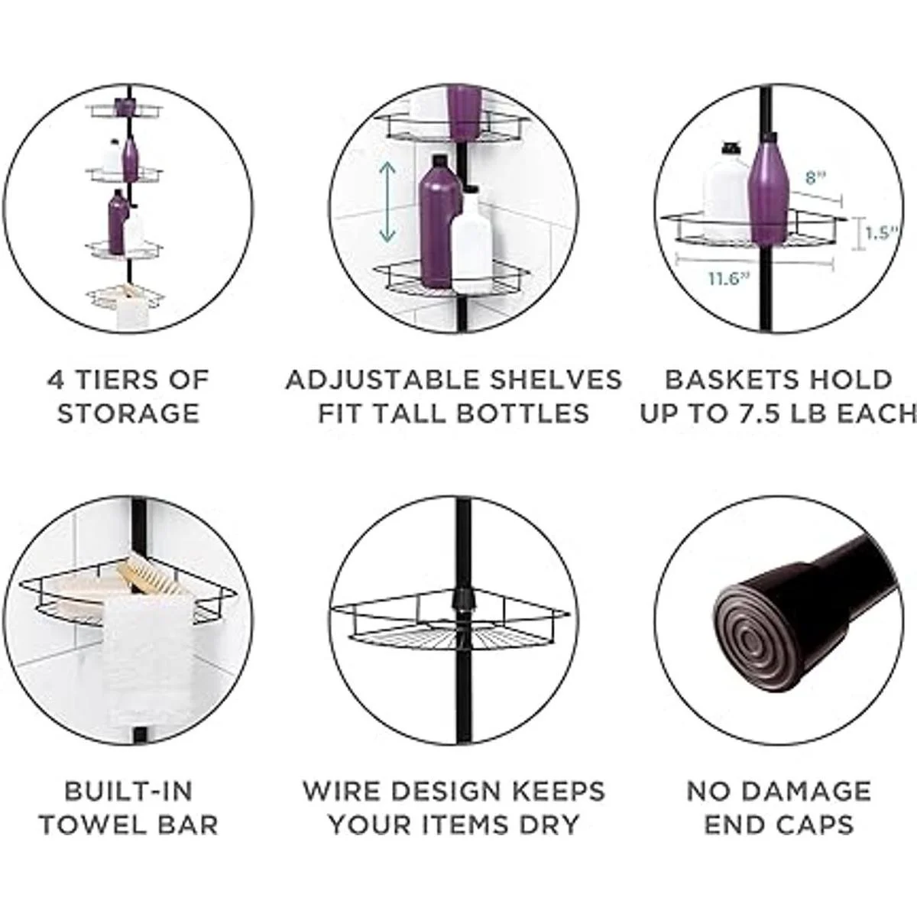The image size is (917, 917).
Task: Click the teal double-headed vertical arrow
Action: point(388,201)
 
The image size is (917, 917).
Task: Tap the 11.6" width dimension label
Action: point(728,279)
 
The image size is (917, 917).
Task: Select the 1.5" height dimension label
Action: point(881,234)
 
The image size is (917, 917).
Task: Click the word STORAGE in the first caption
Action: point(128,413)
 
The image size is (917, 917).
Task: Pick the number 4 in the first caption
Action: point(56,380)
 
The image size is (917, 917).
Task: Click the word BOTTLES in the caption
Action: point(522,413)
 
